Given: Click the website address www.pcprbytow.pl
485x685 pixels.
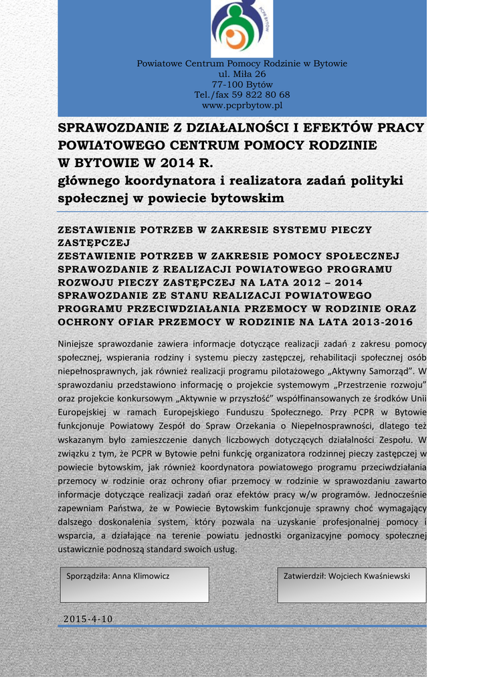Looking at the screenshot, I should pyautogui.click(x=241, y=105).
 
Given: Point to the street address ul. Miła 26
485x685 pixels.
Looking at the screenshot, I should pyautogui.click(x=241, y=74).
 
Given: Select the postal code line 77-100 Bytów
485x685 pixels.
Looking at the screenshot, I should pyautogui.click(x=241, y=84).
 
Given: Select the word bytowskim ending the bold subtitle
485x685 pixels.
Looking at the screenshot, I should pyautogui.click(x=247, y=198).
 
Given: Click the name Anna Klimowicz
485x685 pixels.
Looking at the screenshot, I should pyautogui.click(x=140, y=576).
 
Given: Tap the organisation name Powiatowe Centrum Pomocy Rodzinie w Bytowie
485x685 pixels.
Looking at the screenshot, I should pyautogui.click(x=241, y=64).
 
